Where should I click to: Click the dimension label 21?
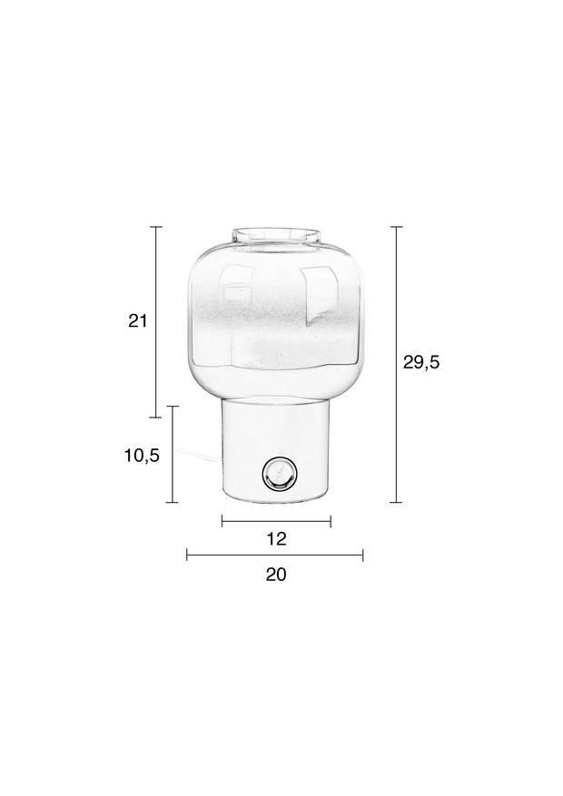tap(137, 320)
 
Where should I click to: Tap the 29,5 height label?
tap(421, 362)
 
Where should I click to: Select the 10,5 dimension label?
tap(143, 456)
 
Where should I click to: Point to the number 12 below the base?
tap(276, 538)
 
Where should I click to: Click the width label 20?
tap(276, 575)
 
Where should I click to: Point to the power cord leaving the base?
tap(198, 454)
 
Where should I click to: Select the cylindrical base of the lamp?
tap(277, 450)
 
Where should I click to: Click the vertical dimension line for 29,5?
tap(397, 365)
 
